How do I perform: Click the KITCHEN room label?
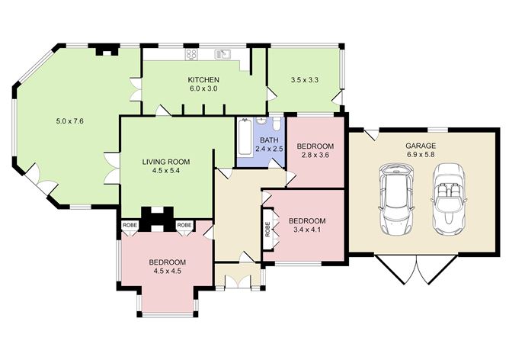coord(203,79)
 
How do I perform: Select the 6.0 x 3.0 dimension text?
coord(203,88)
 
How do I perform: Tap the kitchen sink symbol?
coord(222,54)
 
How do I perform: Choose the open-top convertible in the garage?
coord(447,200)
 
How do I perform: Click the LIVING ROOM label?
coord(165,162)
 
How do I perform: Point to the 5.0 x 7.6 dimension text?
coord(69,121)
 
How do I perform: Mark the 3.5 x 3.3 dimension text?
coord(304,79)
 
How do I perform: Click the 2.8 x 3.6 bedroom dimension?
coord(315,155)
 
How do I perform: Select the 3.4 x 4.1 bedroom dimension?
coord(307,230)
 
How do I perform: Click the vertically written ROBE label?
coord(267,229)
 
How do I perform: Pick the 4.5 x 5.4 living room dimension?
coord(165,171)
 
